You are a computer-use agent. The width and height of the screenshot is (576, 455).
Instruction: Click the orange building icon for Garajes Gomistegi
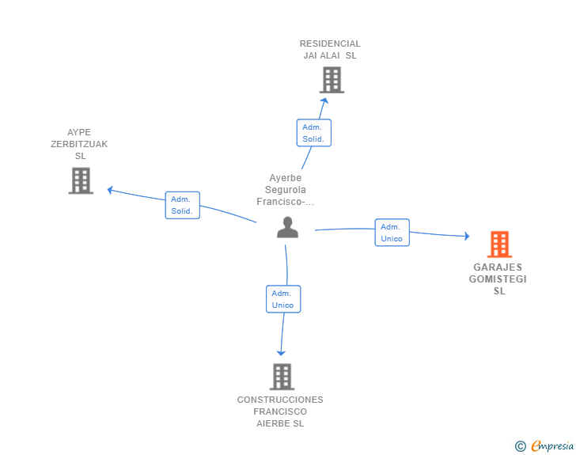pyautogui.click(x=499, y=244)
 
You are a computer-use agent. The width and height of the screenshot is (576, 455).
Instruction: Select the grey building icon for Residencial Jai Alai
pyautogui.click(x=332, y=80)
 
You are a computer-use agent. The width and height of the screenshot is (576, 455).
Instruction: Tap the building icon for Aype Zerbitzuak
pyautogui.click(x=81, y=180)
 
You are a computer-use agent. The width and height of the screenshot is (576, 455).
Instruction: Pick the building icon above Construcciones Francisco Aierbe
pyautogui.click(x=282, y=377)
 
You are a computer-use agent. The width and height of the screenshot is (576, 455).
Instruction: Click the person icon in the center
pyautogui.click(x=288, y=227)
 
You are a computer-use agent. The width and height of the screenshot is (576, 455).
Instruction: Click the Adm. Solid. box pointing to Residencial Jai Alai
pyautogui.click(x=313, y=133)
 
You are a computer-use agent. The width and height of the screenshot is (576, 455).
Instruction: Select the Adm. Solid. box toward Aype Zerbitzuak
pyautogui.click(x=182, y=205)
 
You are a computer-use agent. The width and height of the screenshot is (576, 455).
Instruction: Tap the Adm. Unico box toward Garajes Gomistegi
pyautogui.click(x=392, y=233)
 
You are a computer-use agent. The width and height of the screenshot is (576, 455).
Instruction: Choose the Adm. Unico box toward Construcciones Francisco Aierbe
pyautogui.click(x=283, y=299)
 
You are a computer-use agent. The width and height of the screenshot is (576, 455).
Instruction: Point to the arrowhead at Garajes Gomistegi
pyautogui.click(x=468, y=236)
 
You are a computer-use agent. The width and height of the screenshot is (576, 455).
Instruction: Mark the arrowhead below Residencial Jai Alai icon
pyautogui.click(x=324, y=100)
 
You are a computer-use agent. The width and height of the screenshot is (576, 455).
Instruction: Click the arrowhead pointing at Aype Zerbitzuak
pyautogui.click(x=109, y=190)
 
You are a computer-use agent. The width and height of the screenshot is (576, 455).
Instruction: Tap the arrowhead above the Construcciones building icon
pyautogui.click(x=281, y=353)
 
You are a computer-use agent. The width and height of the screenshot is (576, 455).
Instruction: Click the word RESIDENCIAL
pyautogui.click(x=330, y=44)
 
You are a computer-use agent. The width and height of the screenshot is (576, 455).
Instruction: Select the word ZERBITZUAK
pyautogui.click(x=79, y=144)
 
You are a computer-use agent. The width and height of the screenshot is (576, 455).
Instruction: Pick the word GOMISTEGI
pyautogui.click(x=498, y=279)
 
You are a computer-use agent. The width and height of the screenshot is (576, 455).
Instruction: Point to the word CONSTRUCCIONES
pyautogui.click(x=280, y=400)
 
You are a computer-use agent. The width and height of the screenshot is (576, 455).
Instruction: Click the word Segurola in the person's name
pyautogui.click(x=286, y=190)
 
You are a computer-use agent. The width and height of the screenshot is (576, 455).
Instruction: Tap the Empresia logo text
pyautogui.click(x=552, y=446)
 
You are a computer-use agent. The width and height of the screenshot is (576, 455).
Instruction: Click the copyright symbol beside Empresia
pyautogui.click(x=521, y=446)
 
